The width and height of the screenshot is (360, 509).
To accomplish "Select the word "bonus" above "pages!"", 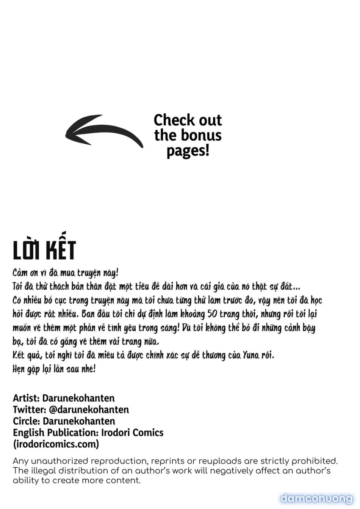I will [x=200, y=135].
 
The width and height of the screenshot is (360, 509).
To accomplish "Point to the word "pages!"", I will [x=188, y=151].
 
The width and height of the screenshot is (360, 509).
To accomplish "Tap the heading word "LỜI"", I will [x=27, y=250].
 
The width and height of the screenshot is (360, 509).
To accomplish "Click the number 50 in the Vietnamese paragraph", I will [x=212, y=314].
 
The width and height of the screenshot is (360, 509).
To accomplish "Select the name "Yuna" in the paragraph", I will [x=251, y=355].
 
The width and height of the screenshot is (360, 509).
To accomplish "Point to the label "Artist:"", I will [x=26, y=398].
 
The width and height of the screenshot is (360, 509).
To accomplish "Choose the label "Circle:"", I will [x=27, y=421].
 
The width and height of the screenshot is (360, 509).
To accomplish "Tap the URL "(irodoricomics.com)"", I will [x=56, y=444].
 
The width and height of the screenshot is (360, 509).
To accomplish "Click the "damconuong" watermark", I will [x=316, y=498].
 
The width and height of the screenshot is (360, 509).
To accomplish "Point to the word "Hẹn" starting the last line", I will [x=19, y=369].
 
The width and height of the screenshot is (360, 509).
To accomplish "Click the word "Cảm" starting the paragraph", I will [x=20, y=273].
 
